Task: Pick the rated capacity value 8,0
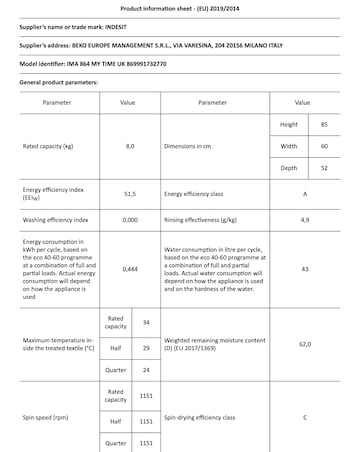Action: (129, 146)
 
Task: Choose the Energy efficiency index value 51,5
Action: (129, 194)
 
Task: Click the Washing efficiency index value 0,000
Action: (129, 217)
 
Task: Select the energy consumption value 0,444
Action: (129, 270)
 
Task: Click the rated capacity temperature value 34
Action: (146, 322)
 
